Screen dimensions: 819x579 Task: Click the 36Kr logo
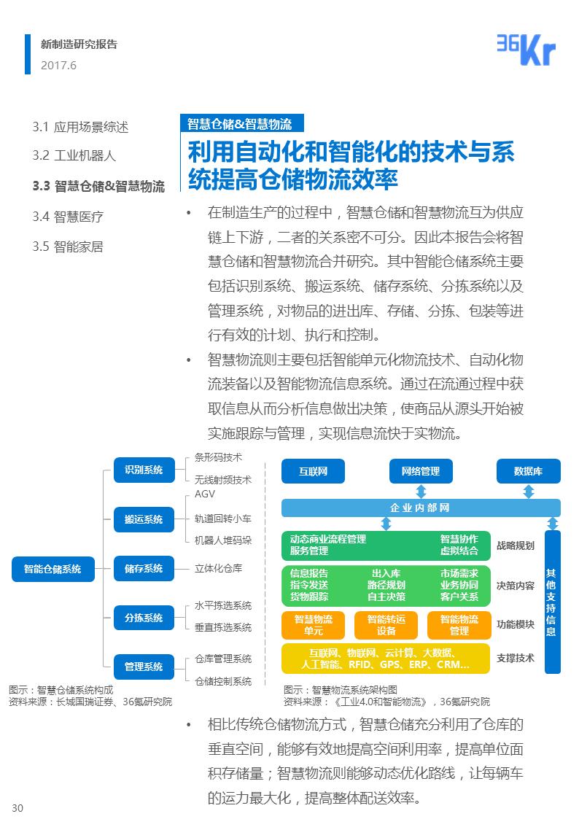tap(526, 50)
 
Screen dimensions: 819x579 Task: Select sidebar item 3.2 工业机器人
tap(74, 155)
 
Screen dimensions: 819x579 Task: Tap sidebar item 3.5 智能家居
tap(68, 247)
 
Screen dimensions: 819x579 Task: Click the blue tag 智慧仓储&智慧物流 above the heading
tap(239, 123)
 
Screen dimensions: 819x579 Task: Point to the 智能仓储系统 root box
tap(53, 569)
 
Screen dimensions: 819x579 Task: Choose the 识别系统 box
tap(144, 470)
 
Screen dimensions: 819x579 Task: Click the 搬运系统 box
tap(144, 519)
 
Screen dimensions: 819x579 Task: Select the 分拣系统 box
tap(144, 618)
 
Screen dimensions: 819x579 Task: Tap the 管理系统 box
tap(144, 667)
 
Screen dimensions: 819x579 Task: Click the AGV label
tap(205, 494)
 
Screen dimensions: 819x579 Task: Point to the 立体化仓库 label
tap(218, 568)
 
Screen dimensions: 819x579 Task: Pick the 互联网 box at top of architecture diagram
tap(313, 471)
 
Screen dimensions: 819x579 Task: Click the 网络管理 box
tap(421, 471)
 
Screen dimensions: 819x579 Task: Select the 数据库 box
tap(528, 471)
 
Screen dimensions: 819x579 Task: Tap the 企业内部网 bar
tap(421, 508)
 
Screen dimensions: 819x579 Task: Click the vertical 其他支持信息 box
tap(552, 602)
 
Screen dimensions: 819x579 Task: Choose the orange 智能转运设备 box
tap(386, 625)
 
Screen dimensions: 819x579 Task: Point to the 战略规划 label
tap(516, 546)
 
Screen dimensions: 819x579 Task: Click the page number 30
tap(18, 807)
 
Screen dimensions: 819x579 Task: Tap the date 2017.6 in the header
tap(59, 66)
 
